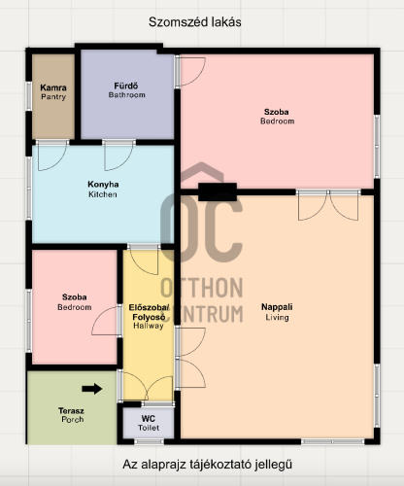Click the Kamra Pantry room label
coord(53,92)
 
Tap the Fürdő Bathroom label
coord(126,90)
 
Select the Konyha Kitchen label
coord(103,190)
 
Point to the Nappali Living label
coord(277,312)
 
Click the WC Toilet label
coord(149,423)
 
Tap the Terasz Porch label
coord(72,415)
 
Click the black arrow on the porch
coord(92,389)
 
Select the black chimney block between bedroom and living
coord(218,191)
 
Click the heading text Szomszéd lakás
coord(195,22)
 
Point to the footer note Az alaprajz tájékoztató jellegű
coord(207,465)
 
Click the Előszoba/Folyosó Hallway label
coord(149,316)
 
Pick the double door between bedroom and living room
coord(328,205)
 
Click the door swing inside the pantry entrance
coord(52,156)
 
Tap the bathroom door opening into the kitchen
coord(118,156)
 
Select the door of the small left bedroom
coord(106,321)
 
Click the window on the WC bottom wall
coord(149,441)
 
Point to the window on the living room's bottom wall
coord(333,441)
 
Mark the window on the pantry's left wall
coord(29,96)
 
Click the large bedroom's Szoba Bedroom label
coord(277,117)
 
